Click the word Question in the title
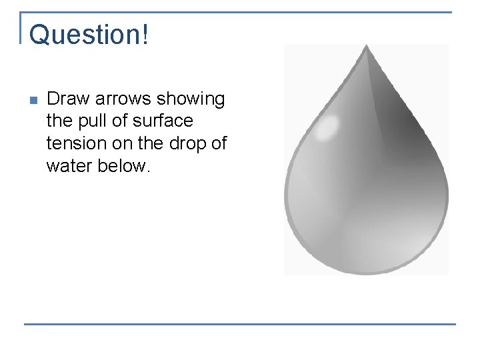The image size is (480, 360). click(x=85, y=35)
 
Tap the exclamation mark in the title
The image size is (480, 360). click(x=145, y=35)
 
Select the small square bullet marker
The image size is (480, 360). click(x=33, y=101)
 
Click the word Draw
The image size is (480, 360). click(x=69, y=99)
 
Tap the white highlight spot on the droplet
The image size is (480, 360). click(x=326, y=128)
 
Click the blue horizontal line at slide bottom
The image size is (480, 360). click(x=240, y=325)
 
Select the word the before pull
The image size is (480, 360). click(x=58, y=121)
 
